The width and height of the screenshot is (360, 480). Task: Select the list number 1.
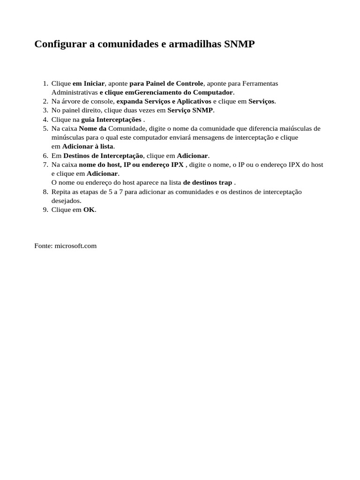point(45,83)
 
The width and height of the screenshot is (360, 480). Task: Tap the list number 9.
point(45,210)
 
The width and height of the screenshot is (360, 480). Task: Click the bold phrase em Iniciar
point(89,83)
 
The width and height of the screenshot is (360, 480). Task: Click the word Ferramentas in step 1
point(260,83)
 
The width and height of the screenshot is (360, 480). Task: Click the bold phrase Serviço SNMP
point(190,110)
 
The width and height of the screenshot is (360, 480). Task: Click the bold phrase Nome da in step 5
point(93,128)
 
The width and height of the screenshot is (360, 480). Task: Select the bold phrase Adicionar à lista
point(88,147)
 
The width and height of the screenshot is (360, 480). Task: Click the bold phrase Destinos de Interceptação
point(103,156)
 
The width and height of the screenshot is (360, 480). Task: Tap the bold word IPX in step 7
point(177,165)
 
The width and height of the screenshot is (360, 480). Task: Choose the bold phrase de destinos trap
point(207,183)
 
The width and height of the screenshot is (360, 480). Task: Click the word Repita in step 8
point(61,192)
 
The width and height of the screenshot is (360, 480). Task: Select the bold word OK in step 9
point(89,210)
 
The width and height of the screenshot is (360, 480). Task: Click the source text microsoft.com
point(75,246)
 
